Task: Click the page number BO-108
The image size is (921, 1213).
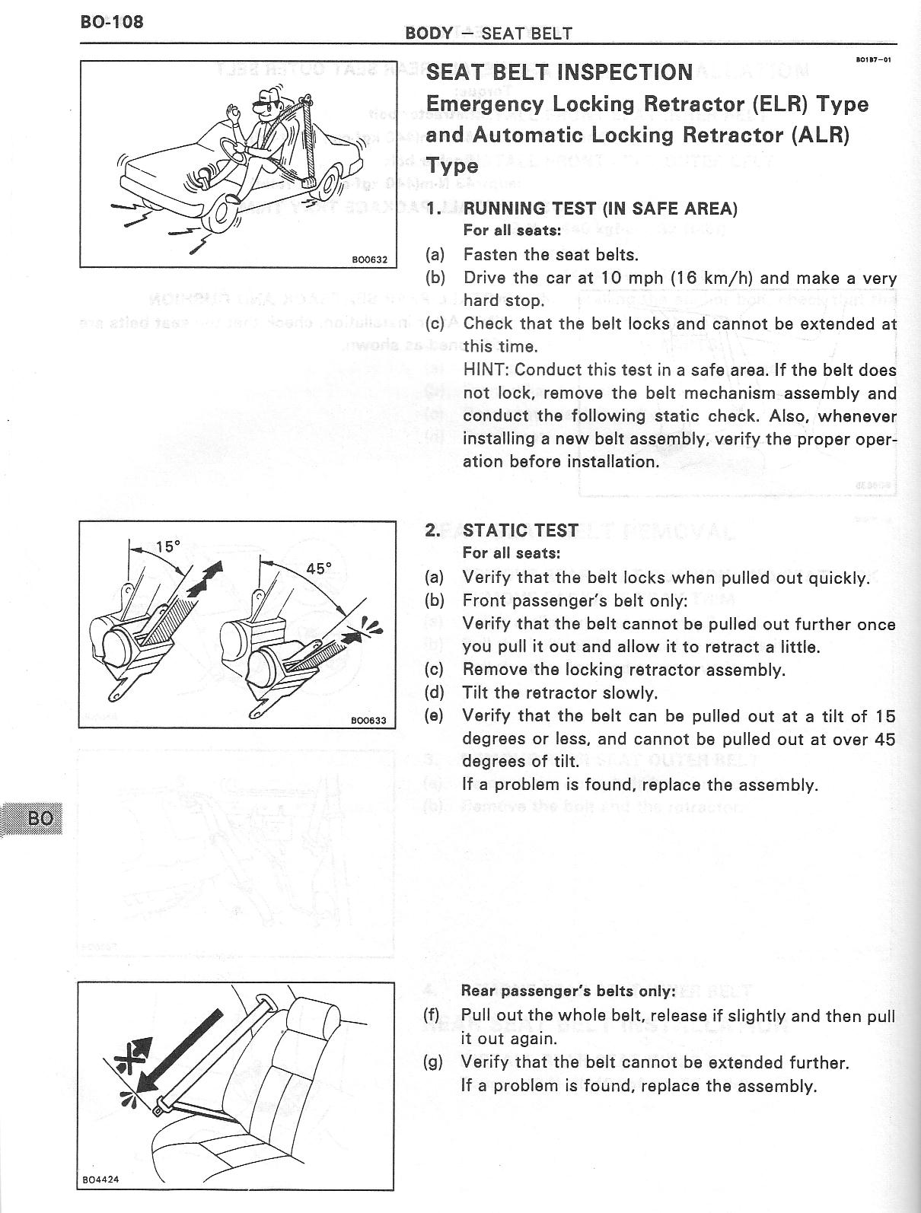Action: click(x=111, y=21)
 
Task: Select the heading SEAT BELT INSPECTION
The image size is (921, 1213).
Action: click(x=559, y=72)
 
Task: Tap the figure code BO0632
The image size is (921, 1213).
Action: click(x=369, y=259)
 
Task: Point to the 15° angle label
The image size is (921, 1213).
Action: click(x=167, y=546)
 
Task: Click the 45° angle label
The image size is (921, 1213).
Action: click(x=319, y=568)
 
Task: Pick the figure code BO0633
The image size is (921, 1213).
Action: click(x=369, y=720)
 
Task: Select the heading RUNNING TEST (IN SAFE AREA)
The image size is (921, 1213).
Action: click(x=600, y=209)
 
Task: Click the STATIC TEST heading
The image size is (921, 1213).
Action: click(x=521, y=530)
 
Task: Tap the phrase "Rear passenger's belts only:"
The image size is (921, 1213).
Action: click(x=568, y=991)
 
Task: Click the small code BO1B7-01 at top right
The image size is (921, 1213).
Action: click(x=873, y=59)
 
